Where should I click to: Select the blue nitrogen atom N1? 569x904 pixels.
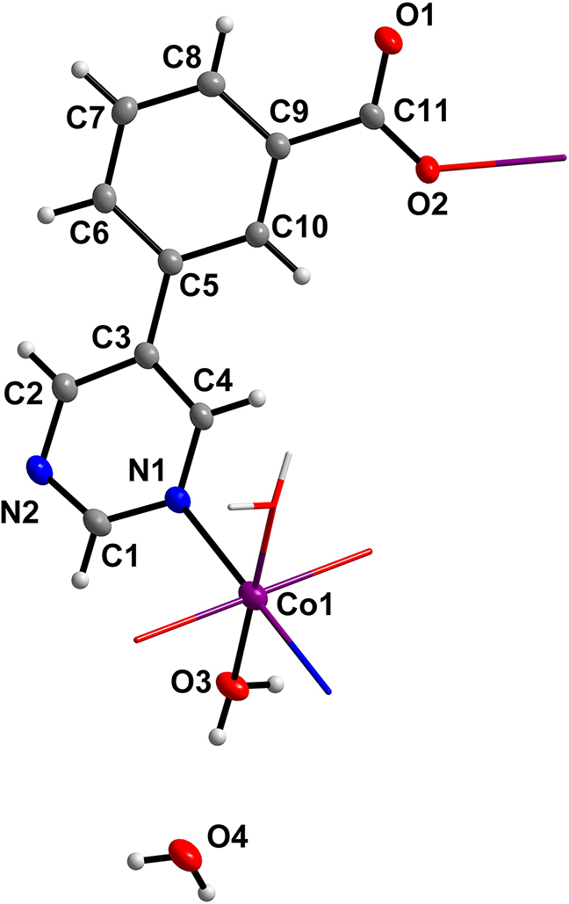point(179,502)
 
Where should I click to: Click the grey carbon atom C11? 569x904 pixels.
point(371,116)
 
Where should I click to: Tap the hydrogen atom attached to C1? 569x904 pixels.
point(82,580)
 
